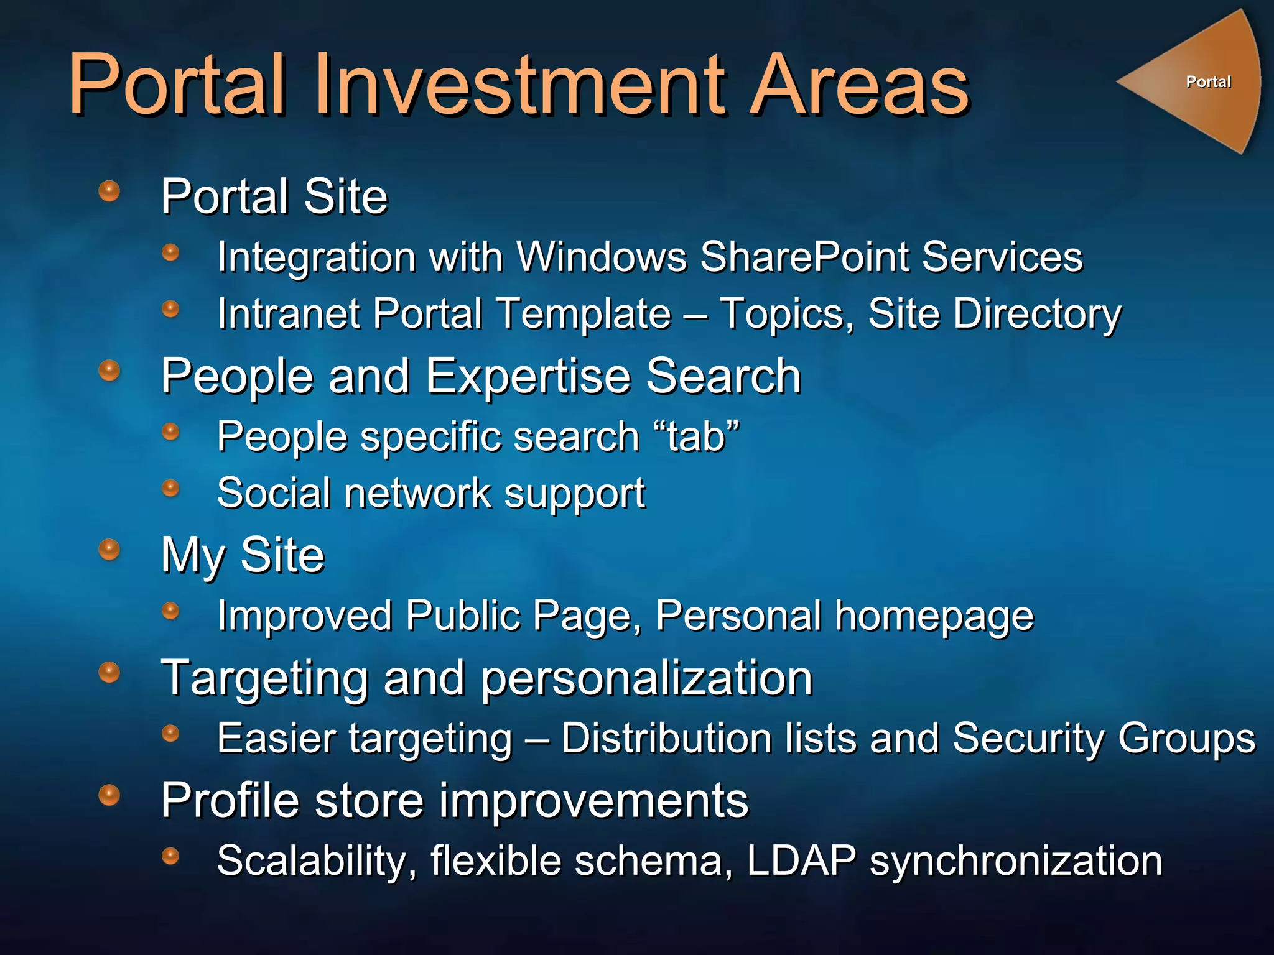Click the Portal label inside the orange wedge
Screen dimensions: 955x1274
[1208, 81]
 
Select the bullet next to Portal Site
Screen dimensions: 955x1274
[109, 191]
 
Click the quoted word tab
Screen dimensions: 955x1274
[696, 436]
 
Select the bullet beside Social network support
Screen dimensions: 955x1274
[170, 488]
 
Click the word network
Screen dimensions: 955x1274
[417, 493]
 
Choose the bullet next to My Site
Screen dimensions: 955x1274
[109, 549]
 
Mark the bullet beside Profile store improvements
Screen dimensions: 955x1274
[109, 795]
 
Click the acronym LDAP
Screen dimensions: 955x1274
[801, 860]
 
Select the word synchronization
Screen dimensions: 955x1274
[1015, 862]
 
